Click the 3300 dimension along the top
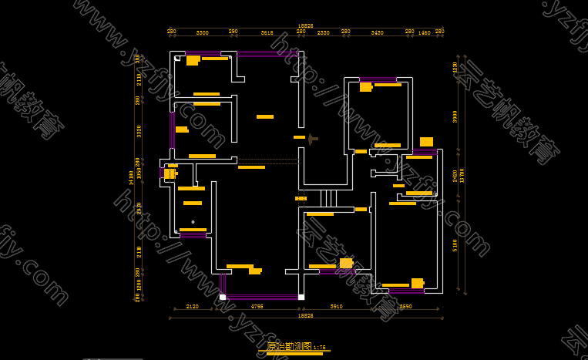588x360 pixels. point(202,33)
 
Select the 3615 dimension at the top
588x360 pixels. point(267,33)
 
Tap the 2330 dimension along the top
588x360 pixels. point(324,33)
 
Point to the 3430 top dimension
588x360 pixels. point(377,33)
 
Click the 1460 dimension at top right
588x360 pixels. point(424,33)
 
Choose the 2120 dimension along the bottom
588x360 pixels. point(193,306)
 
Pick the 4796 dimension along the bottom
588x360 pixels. point(257,306)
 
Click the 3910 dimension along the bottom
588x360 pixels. point(337,306)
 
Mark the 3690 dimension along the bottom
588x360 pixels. point(406,306)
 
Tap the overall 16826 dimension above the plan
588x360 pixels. point(306,26)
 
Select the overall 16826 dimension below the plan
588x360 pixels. point(306,315)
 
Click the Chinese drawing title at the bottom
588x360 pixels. point(289,347)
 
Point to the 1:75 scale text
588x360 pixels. point(320,348)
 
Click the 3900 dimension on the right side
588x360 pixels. point(455,116)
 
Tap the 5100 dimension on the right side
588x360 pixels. point(455,245)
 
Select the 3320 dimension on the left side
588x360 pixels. point(139,131)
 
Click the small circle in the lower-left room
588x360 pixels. point(193,222)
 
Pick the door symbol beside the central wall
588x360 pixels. point(312,139)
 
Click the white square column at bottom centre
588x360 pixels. point(301,297)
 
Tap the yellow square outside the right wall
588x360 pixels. point(426,142)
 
